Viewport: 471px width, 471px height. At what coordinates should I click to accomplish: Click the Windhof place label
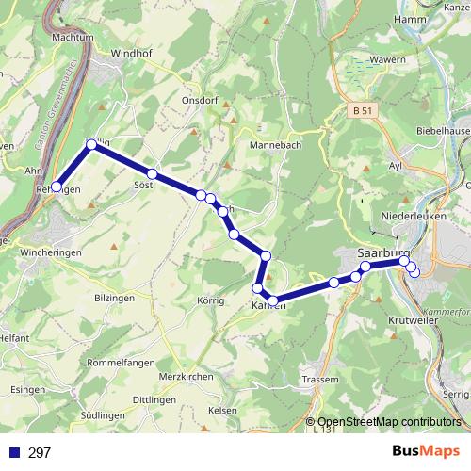(x=131, y=56)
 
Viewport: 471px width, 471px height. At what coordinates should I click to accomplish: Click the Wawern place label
(x=372, y=58)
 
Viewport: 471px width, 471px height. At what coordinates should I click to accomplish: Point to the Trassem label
(x=320, y=379)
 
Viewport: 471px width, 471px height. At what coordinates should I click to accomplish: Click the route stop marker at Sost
(x=151, y=173)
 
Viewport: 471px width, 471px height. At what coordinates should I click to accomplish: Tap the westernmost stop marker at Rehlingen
(x=57, y=187)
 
